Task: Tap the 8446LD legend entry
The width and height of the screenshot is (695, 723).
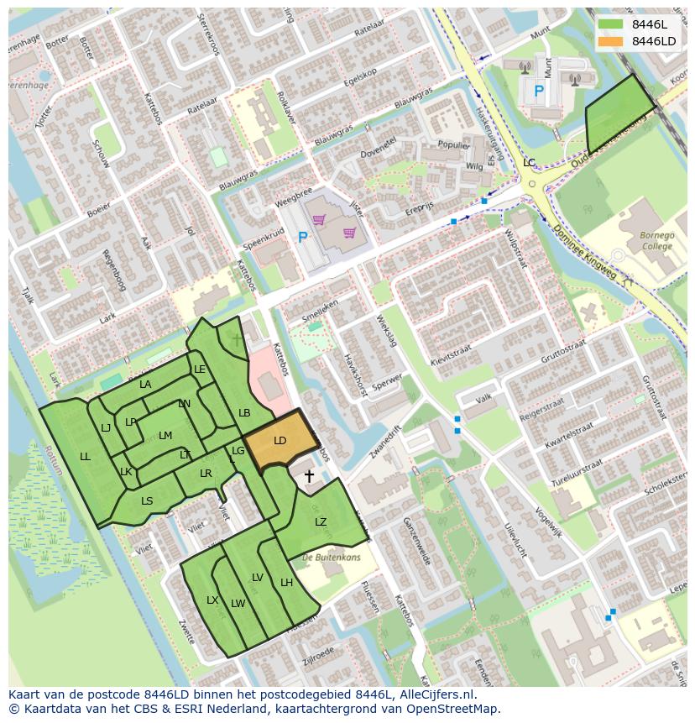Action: [653, 41]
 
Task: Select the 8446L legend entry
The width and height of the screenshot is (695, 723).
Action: [649, 24]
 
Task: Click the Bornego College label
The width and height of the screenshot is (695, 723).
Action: [656, 242]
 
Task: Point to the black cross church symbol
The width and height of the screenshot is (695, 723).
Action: [309, 477]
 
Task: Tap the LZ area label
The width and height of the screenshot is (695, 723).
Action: [321, 522]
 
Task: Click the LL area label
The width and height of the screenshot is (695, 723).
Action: [85, 457]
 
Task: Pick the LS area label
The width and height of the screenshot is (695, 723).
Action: [147, 501]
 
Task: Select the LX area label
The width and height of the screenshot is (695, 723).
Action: [212, 600]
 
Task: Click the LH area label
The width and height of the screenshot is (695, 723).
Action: [286, 583]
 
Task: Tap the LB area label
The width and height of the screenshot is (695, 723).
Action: [244, 413]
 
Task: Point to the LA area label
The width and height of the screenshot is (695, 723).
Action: [145, 385]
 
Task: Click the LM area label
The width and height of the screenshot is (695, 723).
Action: [165, 435]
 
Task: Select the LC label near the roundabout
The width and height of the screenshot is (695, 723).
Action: [529, 162]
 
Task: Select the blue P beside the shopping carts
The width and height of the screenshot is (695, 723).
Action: [303, 238]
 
